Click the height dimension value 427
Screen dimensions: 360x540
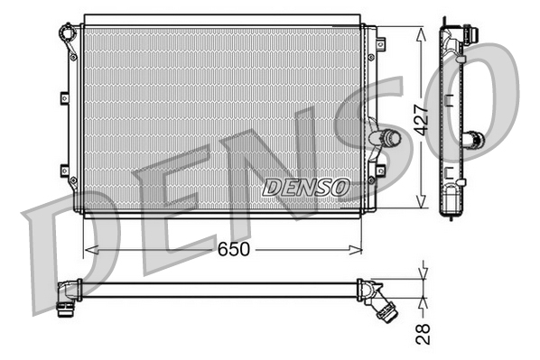420,115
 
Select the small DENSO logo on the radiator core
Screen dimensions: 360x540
305,187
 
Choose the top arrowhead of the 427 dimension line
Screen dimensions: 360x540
420,30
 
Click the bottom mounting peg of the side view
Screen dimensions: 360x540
452,213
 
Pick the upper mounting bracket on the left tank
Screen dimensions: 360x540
63,99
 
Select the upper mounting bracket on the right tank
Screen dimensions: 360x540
380,42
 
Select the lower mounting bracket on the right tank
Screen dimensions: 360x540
380,169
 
